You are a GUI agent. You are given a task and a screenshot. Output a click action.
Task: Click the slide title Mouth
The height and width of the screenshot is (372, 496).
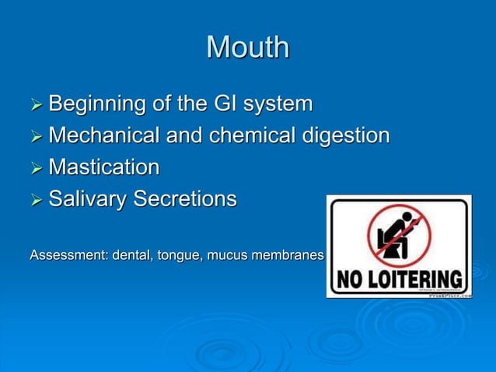(247, 47)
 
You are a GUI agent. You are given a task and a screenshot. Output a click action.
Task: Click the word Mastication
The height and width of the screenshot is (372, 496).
(103, 167)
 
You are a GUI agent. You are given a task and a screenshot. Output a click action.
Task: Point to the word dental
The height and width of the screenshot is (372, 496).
(133, 254)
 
